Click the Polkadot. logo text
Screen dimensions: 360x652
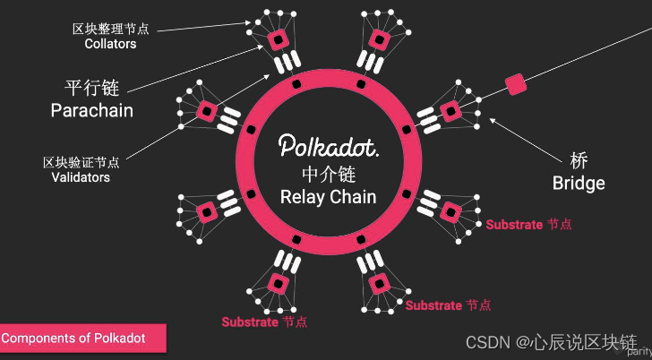(x=327, y=146)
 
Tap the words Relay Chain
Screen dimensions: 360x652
(x=328, y=196)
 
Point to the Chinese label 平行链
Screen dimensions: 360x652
(x=91, y=89)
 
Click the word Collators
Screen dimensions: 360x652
(x=111, y=43)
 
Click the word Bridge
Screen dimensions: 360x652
(x=579, y=184)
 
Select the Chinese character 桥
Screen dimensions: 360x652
(x=579, y=162)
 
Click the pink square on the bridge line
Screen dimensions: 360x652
(x=515, y=85)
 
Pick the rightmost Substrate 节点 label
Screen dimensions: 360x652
(x=528, y=224)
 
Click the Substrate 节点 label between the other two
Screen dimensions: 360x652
(x=448, y=305)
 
